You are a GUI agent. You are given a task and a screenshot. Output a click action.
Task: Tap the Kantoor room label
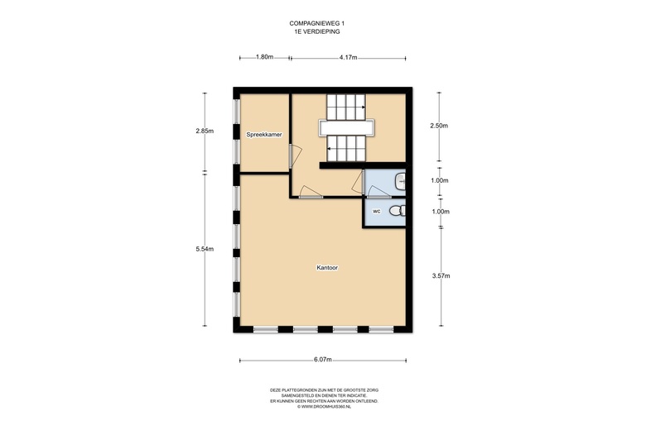[x=327, y=268]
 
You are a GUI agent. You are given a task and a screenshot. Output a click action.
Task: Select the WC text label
[x=375, y=212]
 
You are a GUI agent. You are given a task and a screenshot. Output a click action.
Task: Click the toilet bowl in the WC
[x=398, y=212]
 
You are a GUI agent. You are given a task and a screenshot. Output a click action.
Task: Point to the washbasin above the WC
[x=401, y=179]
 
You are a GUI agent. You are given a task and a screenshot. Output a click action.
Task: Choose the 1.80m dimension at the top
[x=264, y=57]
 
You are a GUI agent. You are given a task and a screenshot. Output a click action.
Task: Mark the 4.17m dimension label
[x=349, y=57]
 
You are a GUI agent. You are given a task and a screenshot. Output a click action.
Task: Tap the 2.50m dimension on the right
[x=439, y=126]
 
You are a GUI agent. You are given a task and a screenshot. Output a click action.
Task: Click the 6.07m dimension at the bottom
[x=322, y=360]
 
